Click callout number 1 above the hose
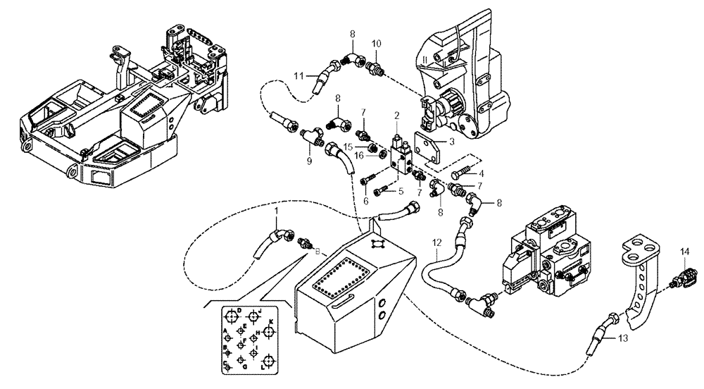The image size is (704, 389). tap(277, 211)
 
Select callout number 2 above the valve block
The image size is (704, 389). tap(397, 114)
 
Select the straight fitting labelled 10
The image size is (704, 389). tap(375, 69)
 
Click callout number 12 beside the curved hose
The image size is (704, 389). tap(436, 244)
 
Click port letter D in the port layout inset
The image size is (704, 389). tap(239, 310)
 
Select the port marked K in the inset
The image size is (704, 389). tap(270, 322)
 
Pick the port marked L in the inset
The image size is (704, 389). tap(263, 366)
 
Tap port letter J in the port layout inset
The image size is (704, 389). tap(260, 310)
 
